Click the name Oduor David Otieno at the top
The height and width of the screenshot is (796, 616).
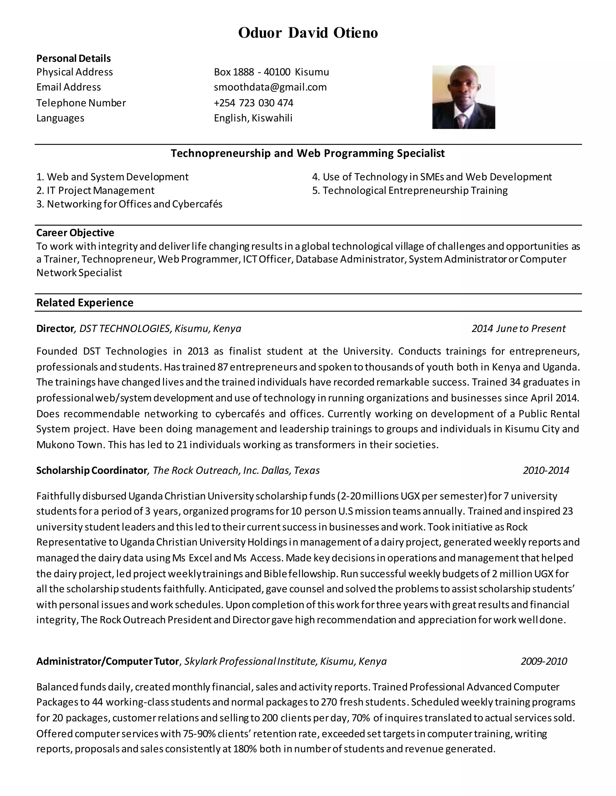pyautogui.click(x=308, y=33)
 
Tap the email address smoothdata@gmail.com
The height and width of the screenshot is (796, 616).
pyautogui.click(x=270, y=87)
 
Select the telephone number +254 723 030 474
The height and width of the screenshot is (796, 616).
pyautogui.click(x=254, y=103)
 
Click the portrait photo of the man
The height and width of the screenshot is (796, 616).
pyautogui.click(x=464, y=97)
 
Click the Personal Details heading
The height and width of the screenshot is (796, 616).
pyautogui.click(x=73, y=58)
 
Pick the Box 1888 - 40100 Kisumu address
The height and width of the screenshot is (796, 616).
pyautogui.click(x=271, y=72)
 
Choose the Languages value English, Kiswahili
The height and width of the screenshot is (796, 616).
pyautogui.click(x=253, y=118)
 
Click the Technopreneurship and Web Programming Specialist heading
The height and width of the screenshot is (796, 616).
pyautogui.click(x=308, y=153)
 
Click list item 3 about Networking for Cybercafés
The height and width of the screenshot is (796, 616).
pyautogui.click(x=129, y=204)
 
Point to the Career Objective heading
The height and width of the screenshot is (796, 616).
pyautogui.click(x=75, y=232)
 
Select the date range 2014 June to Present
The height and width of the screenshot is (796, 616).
pyautogui.click(x=518, y=328)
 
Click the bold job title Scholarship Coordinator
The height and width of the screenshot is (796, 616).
pyautogui.click(x=91, y=470)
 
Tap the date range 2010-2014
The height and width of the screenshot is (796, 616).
pyautogui.click(x=546, y=470)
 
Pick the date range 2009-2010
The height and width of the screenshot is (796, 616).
pyautogui.click(x=544, y=661)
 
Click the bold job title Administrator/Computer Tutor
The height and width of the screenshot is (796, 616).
pyautogui.click(x=108, y=661)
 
